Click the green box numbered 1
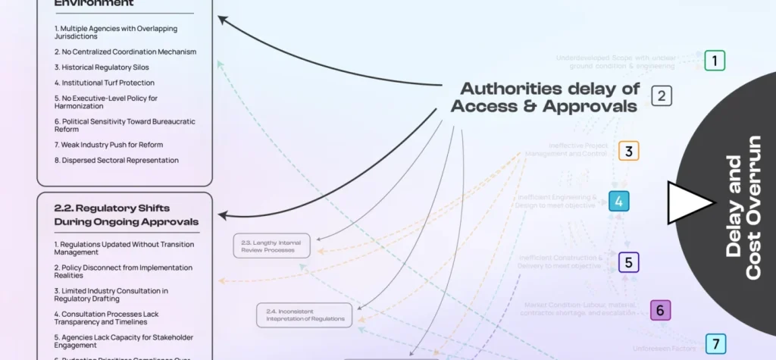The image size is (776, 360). coord(715,60)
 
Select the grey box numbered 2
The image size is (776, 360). coord(662,95)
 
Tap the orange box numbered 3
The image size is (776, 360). coord(628,151)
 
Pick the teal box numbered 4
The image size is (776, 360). coord(619,202)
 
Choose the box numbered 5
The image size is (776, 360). coord(629,262)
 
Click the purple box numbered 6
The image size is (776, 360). coord(660,310)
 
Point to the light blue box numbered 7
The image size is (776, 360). coord(715,343)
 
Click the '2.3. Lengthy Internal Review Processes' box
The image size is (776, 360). coord(271,246)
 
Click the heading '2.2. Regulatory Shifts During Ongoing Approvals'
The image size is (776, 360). coord(126,214)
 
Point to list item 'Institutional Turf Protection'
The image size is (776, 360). coord(104,83)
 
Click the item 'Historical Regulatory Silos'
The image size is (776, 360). coord(101,67)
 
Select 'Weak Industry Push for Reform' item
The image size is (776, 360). coord(108,145)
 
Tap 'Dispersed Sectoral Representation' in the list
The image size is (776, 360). coord(116,160)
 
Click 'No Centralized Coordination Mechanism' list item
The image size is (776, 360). coord(125,52)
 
